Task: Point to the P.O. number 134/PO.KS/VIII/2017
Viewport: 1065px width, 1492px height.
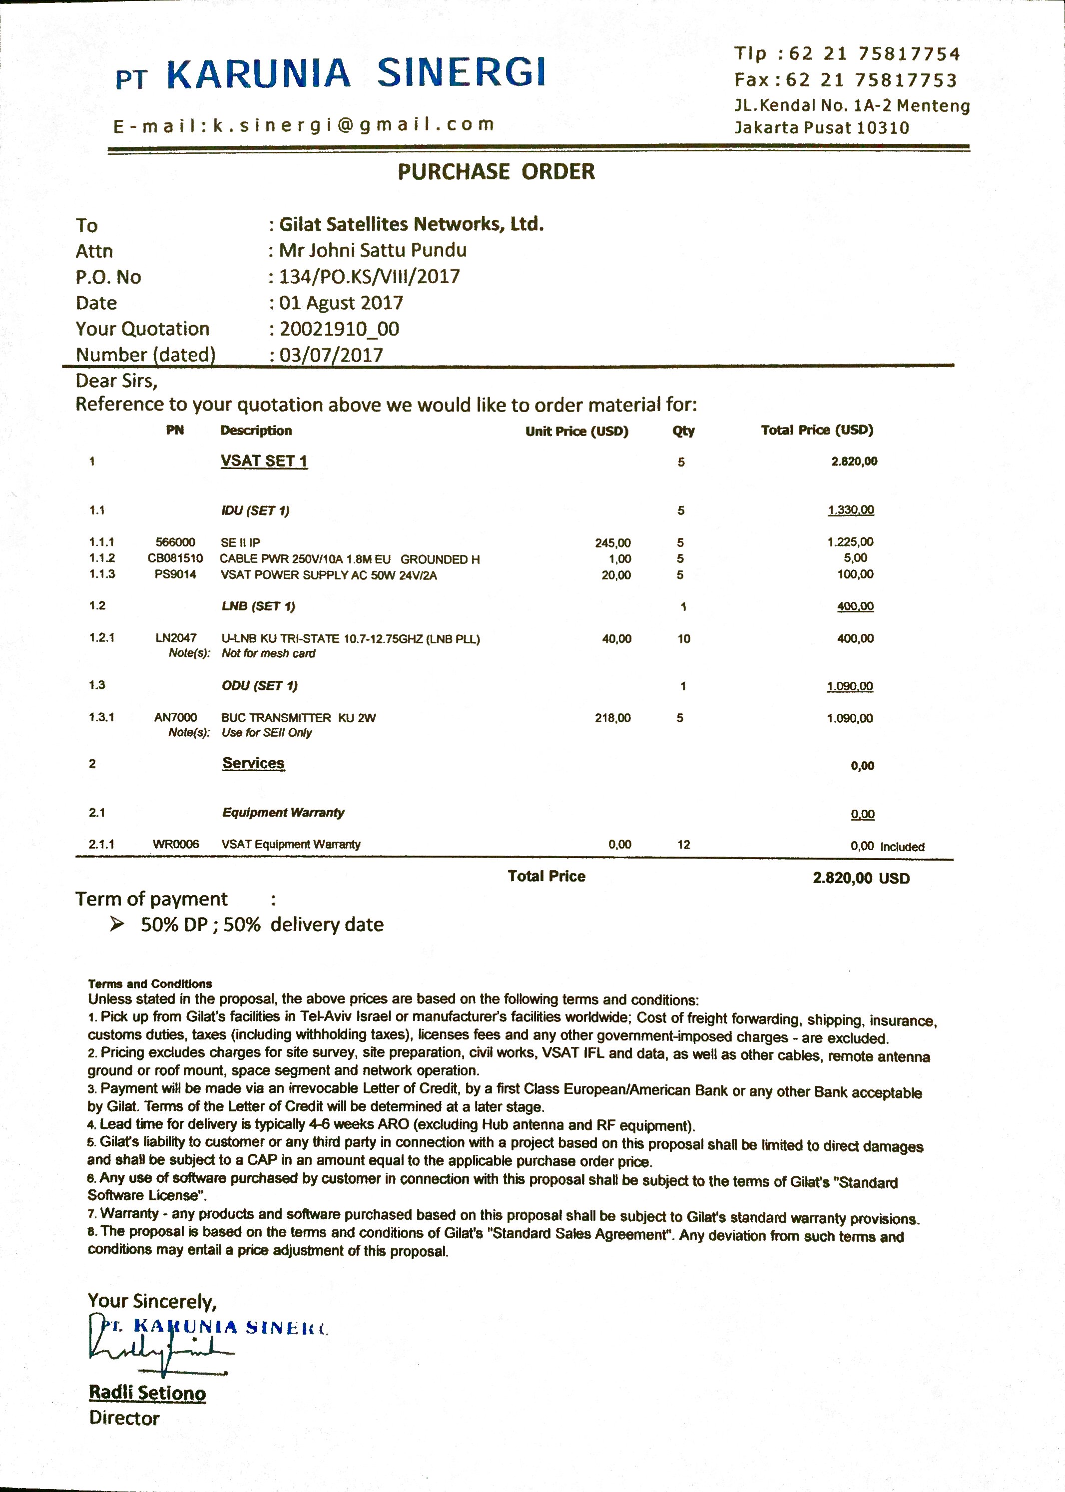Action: tap(369, 277)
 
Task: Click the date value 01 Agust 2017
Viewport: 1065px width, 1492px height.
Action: tap(341, 303)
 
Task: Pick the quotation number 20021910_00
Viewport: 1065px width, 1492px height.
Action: tap(339, 329)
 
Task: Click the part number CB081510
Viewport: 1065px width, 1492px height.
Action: tap(175, 559)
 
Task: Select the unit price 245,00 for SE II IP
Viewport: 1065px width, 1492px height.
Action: tap(612, 543)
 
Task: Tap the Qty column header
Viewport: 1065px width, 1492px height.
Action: tap(683, 431)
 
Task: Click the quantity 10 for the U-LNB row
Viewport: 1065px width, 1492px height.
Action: tap(683, 639)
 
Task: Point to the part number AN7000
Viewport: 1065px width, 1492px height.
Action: tap(175, 717)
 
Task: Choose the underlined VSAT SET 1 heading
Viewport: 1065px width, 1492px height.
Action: tap(264, 461)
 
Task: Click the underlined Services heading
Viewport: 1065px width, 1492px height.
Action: tap(253, 763)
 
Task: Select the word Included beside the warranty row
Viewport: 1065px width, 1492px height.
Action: tap(902, 847)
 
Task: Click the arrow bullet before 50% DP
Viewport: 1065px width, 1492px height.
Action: tap(117, 925)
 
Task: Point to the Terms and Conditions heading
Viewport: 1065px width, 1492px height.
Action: tap(150, 984)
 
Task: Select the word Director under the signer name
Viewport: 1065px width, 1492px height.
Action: tap(124, 1418)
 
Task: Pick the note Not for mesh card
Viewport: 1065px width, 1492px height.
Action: tap(268, 653)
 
